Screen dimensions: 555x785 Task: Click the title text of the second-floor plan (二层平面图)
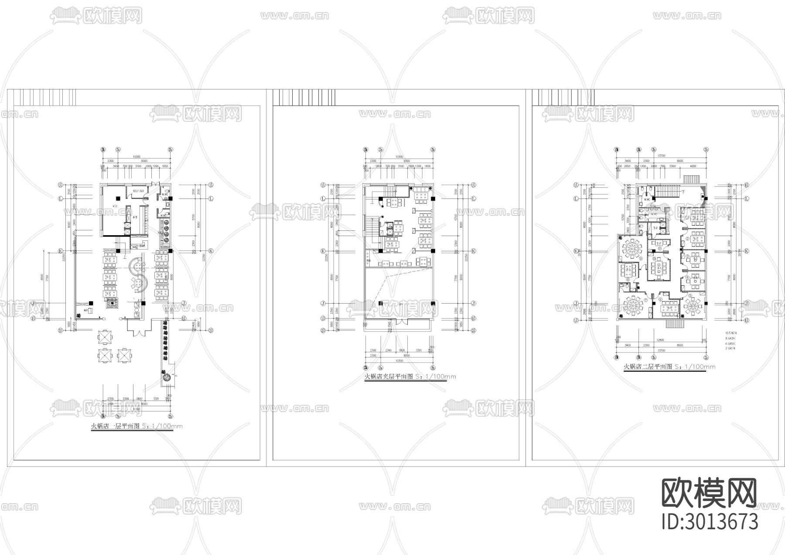click(669, 367)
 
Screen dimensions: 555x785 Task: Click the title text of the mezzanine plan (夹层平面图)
click(410, 377)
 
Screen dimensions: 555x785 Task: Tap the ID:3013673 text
click(710, 521)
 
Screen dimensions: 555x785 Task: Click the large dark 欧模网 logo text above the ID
click(710, 493)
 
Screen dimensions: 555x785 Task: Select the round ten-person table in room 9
click(632, 249)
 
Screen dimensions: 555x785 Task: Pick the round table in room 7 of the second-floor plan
click(633, 305)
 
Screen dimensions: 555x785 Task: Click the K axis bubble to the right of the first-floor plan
click(211, 251)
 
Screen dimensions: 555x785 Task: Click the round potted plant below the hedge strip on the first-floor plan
click(166, 377)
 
